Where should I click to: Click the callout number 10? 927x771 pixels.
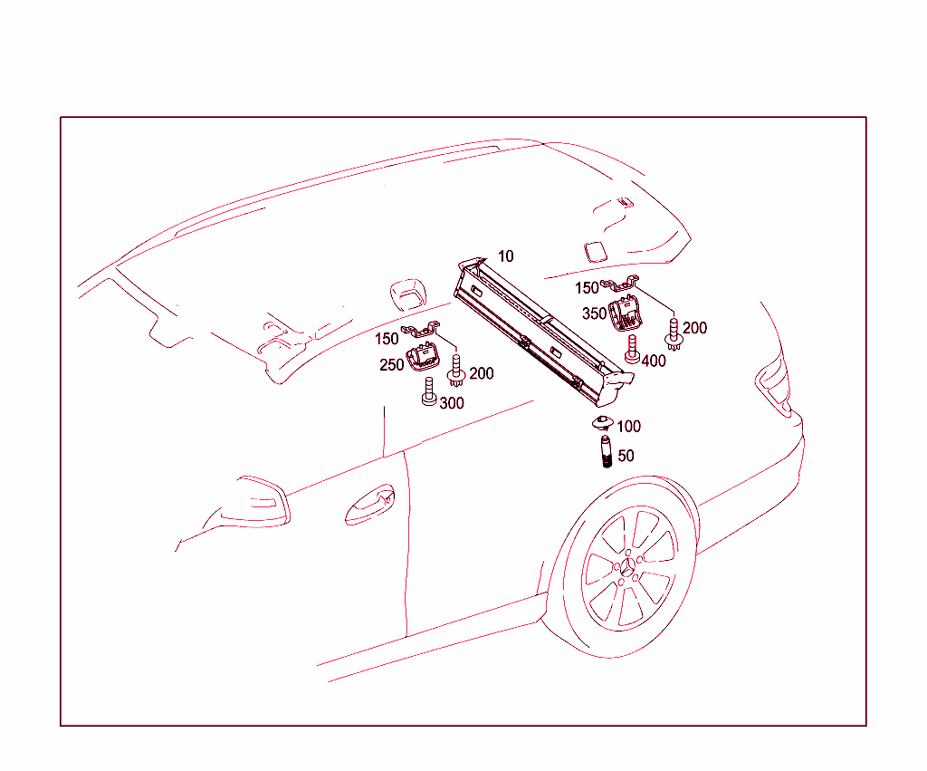coord(505,256)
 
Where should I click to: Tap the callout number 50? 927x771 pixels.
coord(626,456)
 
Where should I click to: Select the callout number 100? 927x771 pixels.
coord(628,426)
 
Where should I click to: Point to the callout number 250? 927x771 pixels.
coord(391,365)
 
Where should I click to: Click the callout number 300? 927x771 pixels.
coord(452,403)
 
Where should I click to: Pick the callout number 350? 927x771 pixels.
coord(594,313)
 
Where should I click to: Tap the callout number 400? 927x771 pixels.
coord(654,361)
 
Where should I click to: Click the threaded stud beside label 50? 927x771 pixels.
coord(606,451)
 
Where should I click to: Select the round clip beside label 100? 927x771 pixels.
coord(602,422)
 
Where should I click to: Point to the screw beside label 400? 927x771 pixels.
coord(632,349)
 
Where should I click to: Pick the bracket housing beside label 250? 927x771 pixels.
coord(423,358)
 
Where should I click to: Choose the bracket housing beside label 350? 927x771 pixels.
coord(625,313)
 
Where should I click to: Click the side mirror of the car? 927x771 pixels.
coord(258,502)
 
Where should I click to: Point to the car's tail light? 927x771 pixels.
coord(773,381)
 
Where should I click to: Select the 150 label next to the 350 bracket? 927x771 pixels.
coord(587,288)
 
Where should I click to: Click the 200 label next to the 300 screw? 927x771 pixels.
coord(482,373)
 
